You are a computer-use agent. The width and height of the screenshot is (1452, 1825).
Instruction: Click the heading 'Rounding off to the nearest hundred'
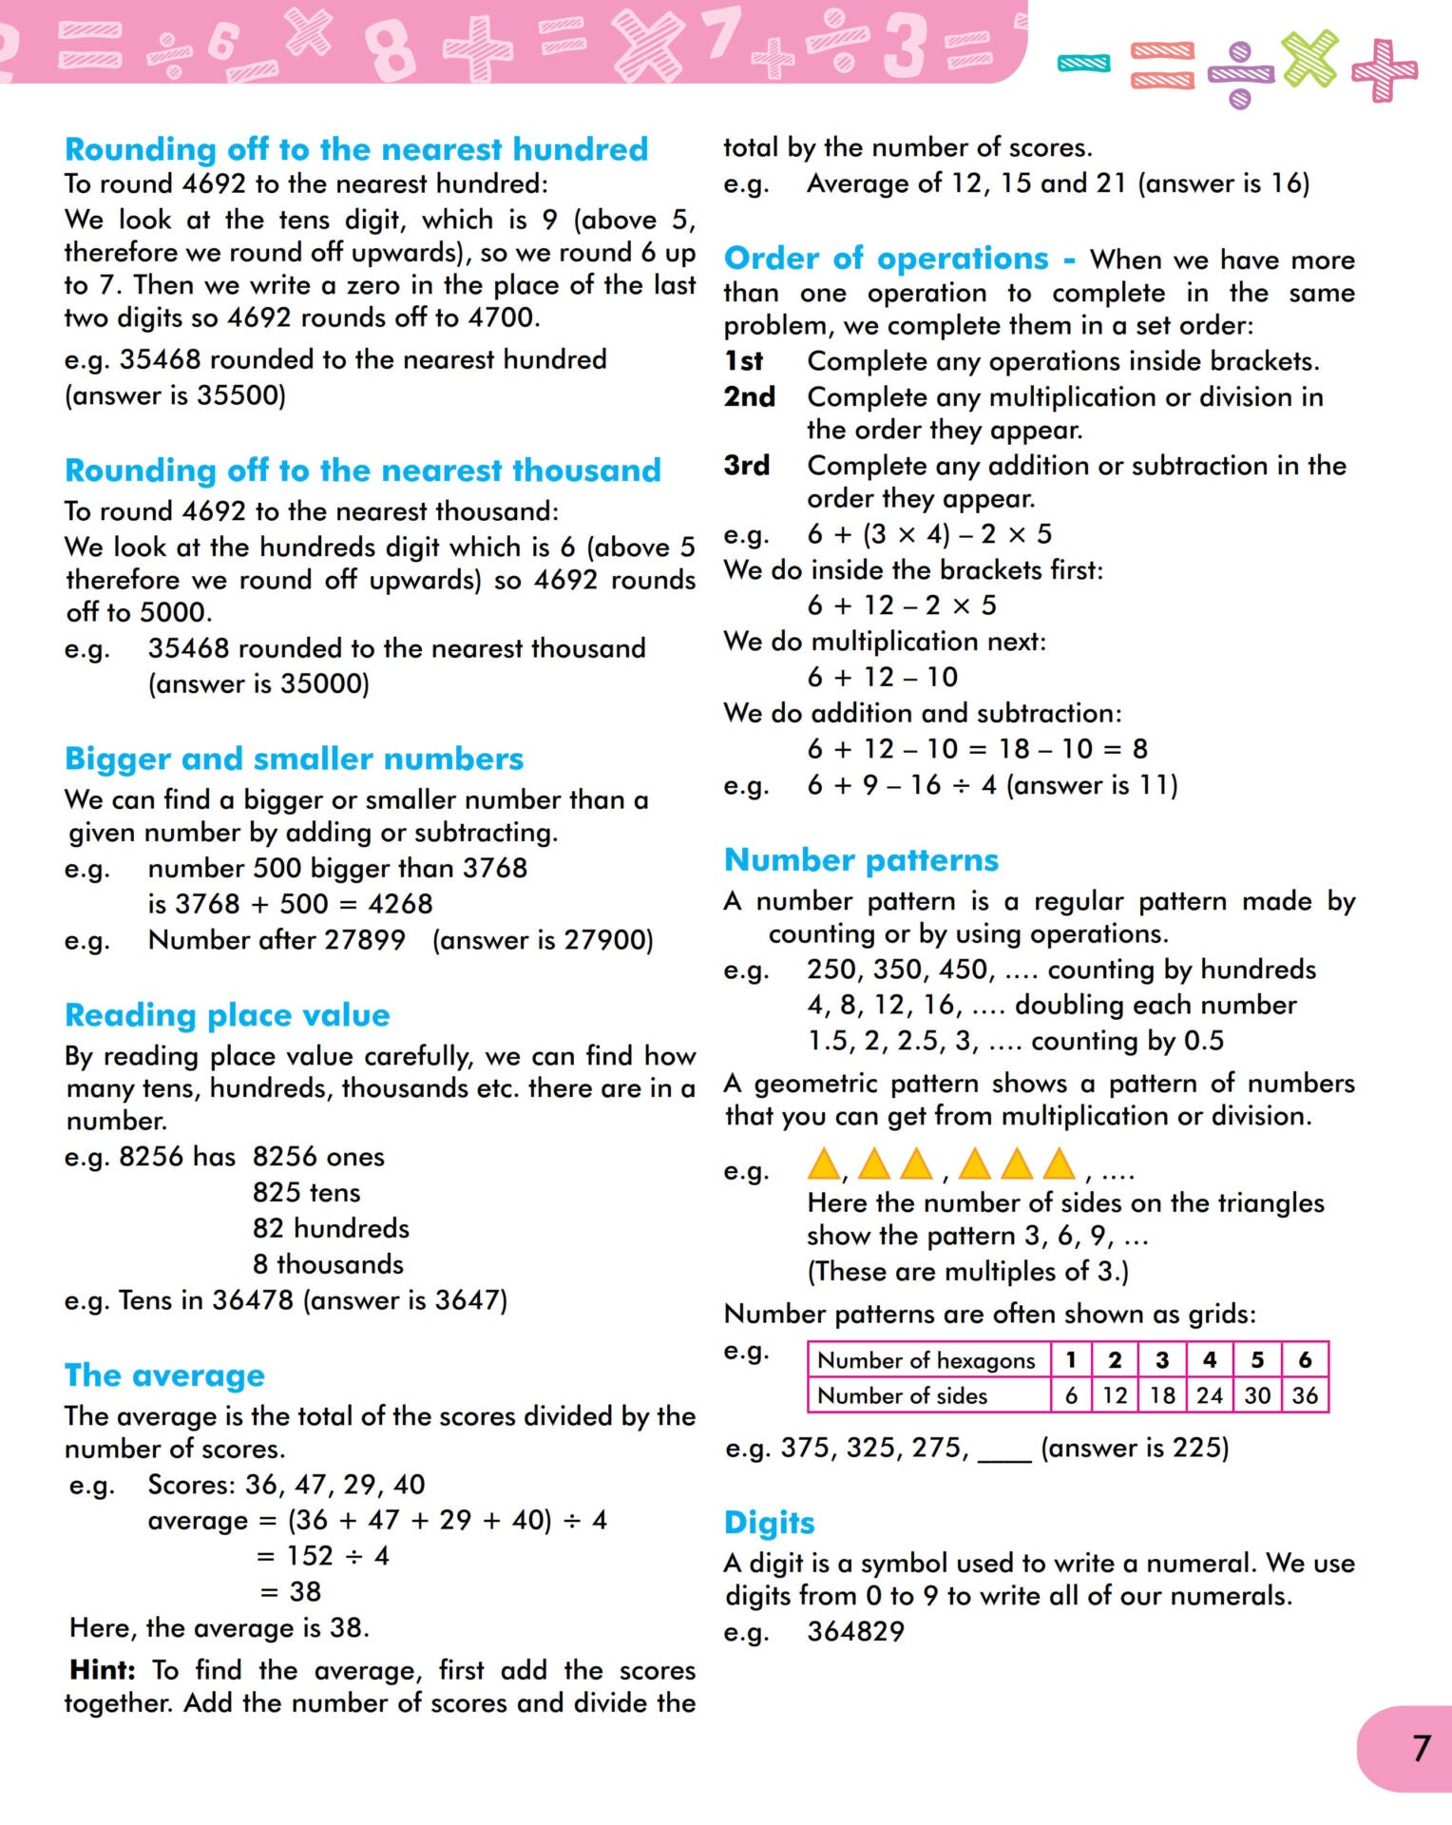[x=356, y=149]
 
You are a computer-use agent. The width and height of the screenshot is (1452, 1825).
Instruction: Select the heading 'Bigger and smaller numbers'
[x=294, y=759]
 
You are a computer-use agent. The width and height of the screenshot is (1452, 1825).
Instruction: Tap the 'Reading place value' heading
[x=227, y=1015]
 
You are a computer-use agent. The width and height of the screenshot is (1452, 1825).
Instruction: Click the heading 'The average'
[x=164, y=1375]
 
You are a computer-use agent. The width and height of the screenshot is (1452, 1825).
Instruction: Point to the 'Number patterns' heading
[x=861, y=860]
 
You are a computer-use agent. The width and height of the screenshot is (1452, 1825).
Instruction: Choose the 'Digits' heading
[x=769, y=1523]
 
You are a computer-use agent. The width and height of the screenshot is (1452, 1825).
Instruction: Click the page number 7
[x=1421, y=1748]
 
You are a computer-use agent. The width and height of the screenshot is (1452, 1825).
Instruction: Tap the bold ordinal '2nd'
[x=750, y=396]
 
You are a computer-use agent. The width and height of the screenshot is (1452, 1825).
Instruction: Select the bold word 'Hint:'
[x=103, y=1670]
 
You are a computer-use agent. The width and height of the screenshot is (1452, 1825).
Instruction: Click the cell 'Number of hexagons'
[x=927, y=1360]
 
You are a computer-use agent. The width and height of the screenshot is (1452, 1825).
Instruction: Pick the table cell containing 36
[x=1305, y=1395]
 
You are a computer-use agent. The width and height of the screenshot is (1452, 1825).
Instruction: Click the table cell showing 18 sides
[x=1162, y=1395]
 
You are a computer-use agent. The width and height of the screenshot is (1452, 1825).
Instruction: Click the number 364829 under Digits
[x=855, y=1632]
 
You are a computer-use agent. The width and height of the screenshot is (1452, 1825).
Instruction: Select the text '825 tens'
[x=306, y=1193]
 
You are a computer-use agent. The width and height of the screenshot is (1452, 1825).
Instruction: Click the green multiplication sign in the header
[x=1309, y=58]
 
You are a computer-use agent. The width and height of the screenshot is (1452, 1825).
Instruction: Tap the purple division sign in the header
[x=1240, y=74]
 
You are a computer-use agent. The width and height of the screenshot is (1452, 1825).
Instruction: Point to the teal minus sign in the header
[x=1083, y=64]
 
